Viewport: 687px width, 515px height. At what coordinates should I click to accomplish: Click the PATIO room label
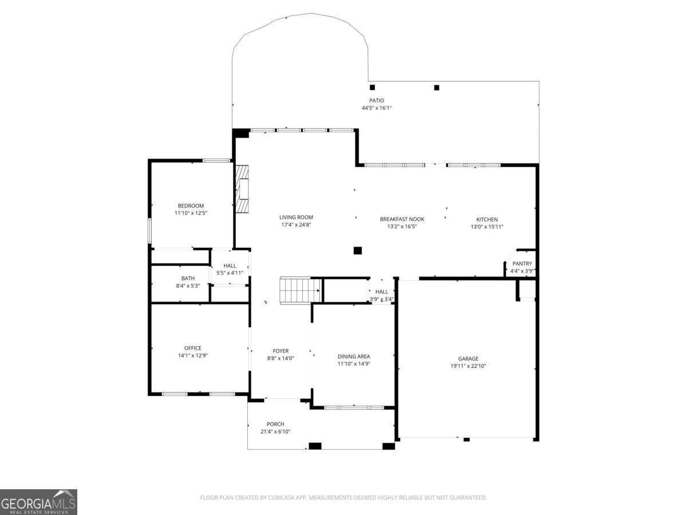click(376, 101)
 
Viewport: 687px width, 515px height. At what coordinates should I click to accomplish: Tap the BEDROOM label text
click(191, 206)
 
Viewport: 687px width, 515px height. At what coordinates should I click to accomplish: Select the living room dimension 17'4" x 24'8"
click(296, 225)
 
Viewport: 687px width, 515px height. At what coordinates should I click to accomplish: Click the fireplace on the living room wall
click(243, 189)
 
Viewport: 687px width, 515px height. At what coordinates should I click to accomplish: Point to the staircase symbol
click(299, 291)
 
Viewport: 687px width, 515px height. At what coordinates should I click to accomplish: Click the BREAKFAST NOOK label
click(402, 219)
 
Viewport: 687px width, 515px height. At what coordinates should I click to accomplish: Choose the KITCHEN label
click(487, 219)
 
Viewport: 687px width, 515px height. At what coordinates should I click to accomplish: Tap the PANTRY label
click(522, 264)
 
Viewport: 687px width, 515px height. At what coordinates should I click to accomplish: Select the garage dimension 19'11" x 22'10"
click(468, 366)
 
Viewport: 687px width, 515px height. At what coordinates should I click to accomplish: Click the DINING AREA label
click(354, 356)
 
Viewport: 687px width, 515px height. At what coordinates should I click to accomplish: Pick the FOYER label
click(281, 351)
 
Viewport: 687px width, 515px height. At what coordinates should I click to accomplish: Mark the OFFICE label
click(193, 348)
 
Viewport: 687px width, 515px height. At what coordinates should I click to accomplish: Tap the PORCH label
click(275, 424)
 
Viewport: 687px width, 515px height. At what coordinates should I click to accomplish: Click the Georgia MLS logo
click(38, 502)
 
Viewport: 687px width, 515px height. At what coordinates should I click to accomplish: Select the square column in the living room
click(358, 250)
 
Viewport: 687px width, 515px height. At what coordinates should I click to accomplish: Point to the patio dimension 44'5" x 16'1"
click(376, 108)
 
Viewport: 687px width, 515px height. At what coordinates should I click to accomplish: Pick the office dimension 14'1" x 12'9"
click(193, 355)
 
